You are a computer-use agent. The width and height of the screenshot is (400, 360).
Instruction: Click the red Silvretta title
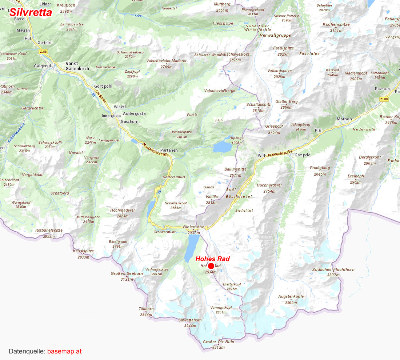coord(31,12)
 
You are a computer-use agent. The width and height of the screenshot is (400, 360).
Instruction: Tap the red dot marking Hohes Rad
coord(211,266)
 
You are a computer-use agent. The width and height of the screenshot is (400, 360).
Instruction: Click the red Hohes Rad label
coord(212,259)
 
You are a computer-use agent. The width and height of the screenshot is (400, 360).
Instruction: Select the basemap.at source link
coord(64,351)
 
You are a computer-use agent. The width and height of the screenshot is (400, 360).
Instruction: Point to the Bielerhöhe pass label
coord(194,227)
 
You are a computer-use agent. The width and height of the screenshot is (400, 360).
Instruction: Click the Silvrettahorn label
coord(190,320)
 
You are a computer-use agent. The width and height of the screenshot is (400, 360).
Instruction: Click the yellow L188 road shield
coord(43,52)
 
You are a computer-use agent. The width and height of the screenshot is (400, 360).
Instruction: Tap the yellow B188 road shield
coord(384,99)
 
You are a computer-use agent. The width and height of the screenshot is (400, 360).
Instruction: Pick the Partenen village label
coord(169,150)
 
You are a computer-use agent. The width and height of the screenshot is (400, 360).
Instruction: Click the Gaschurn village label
coord(129,121)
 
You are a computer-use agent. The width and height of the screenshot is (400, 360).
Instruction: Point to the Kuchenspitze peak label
coord(336,25)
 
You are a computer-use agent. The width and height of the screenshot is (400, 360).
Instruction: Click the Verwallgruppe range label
coord(275,35)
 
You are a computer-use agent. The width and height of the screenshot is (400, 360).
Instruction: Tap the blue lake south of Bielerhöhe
coord(192,247)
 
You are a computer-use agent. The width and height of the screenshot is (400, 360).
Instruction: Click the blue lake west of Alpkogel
coord(222,147)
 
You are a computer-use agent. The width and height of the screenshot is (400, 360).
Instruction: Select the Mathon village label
coord(344,119)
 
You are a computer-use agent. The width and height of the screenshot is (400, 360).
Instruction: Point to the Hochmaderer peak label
coord(123,210)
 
